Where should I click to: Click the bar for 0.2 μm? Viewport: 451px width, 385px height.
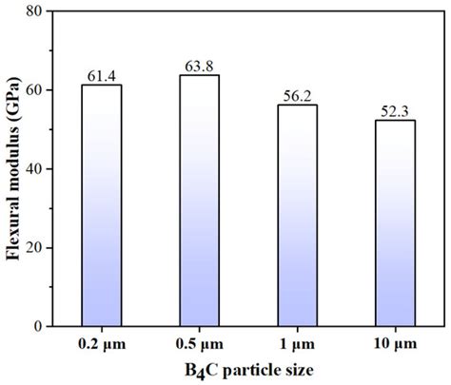pos(101,205)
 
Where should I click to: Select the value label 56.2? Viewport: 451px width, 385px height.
pos(298,96)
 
